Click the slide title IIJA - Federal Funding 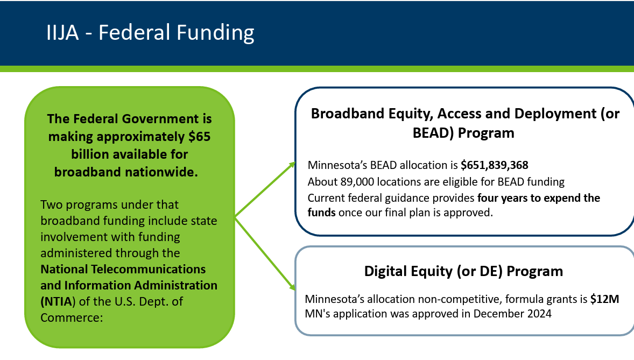tap(150, 32)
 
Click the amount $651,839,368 tap(495, 165)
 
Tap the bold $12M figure tap(604, 299)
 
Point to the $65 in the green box tap(199, 136)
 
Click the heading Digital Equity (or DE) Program tap(463, 271)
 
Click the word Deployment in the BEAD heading tap(555, 114)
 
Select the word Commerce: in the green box tap(72, 317)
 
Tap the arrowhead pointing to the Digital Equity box tap(292, 287)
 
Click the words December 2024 tap(512, 314)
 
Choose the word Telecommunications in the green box tap(148, 269)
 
